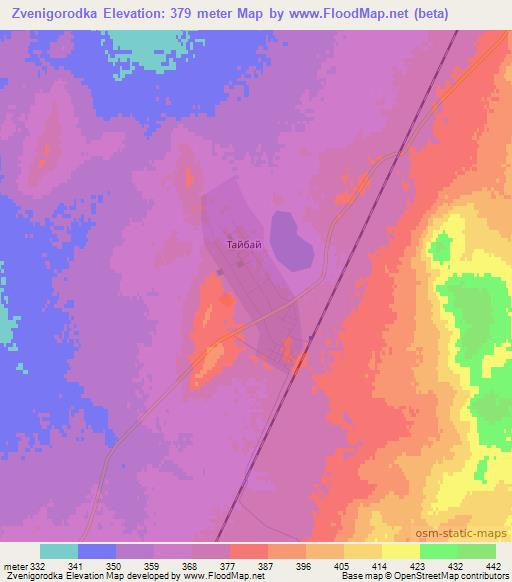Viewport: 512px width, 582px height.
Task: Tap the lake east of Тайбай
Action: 289,240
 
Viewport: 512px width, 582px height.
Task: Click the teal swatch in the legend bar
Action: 59,551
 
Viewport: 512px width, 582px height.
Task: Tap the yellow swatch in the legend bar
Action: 401,551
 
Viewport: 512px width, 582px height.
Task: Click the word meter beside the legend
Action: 15,566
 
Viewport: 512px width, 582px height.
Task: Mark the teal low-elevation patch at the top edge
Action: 150,45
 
